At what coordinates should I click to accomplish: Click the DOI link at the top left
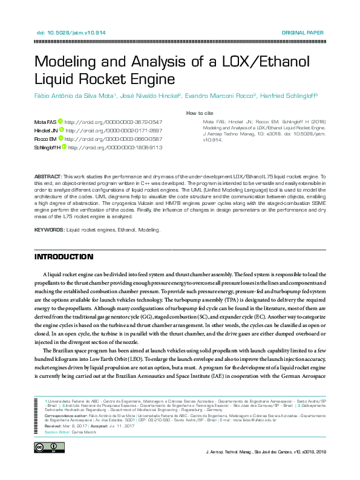point(63,32)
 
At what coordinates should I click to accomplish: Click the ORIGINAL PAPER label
point(303,32)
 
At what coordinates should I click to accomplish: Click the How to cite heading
point(199,113)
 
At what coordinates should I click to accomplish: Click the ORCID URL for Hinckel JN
point(114,130)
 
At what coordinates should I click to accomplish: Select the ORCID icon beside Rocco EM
point(62,138)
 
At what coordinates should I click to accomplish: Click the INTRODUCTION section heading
point(64,257)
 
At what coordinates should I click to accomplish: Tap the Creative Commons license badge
point(48,447)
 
